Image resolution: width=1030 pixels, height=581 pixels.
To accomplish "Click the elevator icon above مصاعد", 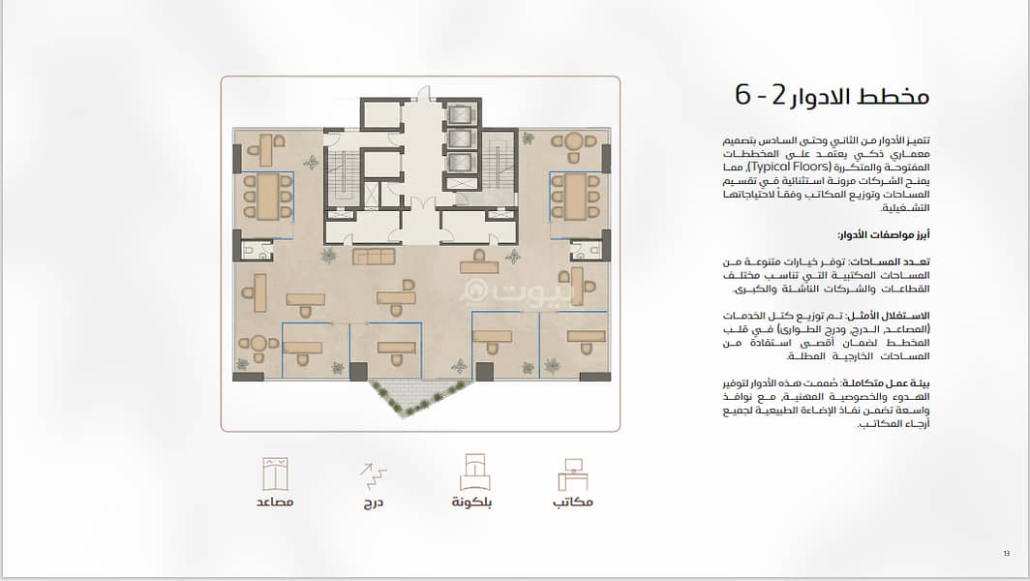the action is coord(275,474).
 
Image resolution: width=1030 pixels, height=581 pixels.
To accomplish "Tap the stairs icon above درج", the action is coord(373,475).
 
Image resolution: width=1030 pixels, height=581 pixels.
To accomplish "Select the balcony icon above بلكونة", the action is coord(475,472).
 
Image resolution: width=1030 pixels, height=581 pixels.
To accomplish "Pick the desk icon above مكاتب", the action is coord(573,474).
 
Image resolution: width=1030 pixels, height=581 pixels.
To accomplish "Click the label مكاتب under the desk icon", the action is coord(573,503).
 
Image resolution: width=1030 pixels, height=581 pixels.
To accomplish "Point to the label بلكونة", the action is coord(471,503).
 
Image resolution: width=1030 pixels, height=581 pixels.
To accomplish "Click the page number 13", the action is coord(1007,553).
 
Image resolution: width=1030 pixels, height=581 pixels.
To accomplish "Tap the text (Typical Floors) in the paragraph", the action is coord(790,167).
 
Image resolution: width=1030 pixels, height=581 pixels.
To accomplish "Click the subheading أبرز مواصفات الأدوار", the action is coord(884,234).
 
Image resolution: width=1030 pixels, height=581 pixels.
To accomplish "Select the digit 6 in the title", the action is coord(742,95).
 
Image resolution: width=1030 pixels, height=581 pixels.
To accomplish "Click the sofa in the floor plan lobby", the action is coord(374,256).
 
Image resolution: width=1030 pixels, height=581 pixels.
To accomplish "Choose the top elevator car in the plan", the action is coord(460,114).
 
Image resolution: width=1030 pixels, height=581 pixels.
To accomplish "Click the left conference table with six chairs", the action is coord(267,197).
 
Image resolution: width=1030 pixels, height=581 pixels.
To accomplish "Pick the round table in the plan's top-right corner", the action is coord(573,141).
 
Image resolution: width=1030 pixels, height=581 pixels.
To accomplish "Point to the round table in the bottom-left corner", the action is coord(257,344).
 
